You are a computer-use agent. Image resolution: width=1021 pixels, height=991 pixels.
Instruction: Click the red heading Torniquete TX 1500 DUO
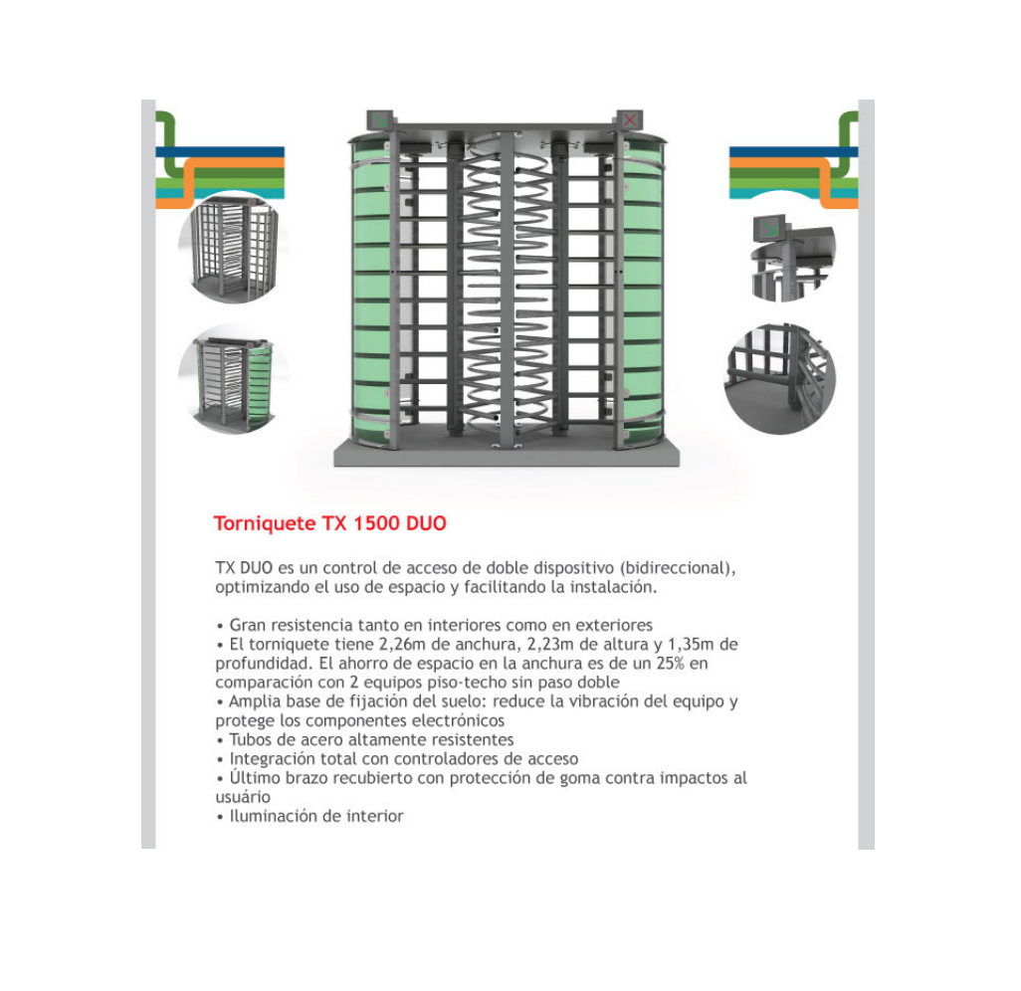[x=330, y=523]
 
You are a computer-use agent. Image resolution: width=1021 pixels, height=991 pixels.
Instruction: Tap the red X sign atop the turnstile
[x=630, y=119]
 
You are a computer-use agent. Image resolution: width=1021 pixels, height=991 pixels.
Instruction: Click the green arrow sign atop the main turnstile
[x=380, y=120]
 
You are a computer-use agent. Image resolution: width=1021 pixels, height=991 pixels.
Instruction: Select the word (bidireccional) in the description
[x=678, y=568]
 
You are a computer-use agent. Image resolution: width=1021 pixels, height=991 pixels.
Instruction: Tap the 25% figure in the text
[x=670, y=663]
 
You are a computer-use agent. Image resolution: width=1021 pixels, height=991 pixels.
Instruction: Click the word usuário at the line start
[x=242, y=797]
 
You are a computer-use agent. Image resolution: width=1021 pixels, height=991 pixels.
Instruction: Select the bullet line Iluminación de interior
[x=309, y=816]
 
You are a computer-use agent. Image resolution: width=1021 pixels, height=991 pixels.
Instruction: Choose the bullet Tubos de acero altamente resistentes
[x=364, y=739]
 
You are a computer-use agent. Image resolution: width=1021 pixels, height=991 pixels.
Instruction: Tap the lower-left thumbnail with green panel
[x=233, y=380]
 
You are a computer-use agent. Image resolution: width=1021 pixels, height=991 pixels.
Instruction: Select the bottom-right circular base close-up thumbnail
[x=779, y=378]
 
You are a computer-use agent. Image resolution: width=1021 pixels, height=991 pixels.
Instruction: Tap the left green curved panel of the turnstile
[x=371, y=293]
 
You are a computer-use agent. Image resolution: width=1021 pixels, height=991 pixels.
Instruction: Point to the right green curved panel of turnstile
[x=642, y=293]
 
